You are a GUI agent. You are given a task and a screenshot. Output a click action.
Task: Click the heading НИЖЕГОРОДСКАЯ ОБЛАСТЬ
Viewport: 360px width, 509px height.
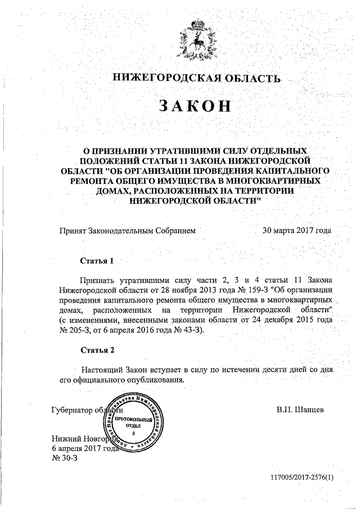[195, 78]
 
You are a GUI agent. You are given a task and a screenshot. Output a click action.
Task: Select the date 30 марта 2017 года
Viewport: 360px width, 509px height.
[296, 231]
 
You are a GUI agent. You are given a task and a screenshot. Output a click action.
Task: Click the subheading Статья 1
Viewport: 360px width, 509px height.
[97, 262]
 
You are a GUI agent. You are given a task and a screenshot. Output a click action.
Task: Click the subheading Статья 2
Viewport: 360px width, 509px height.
[97, 350]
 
